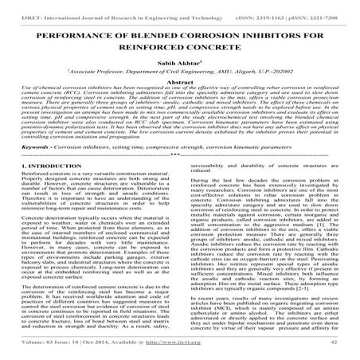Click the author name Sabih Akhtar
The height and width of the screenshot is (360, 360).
(x=179, y=70)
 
